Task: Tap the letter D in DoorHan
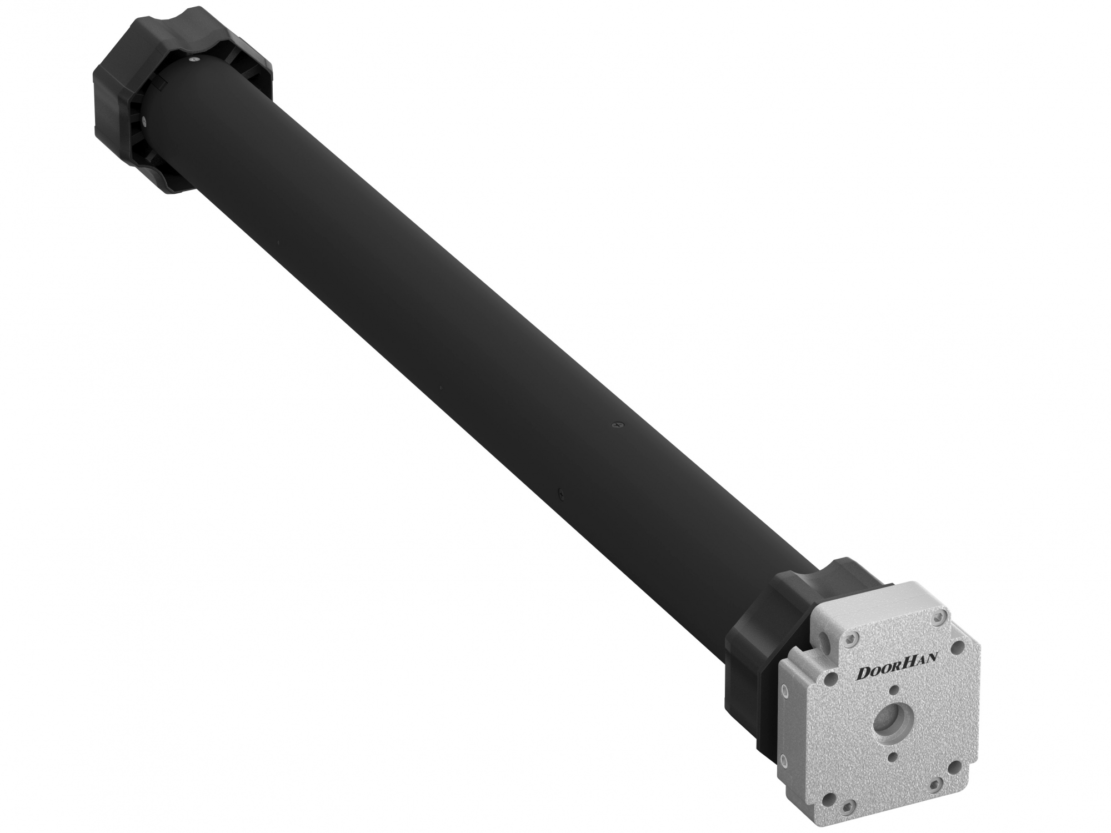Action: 864,673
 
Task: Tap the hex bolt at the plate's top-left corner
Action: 850,641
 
